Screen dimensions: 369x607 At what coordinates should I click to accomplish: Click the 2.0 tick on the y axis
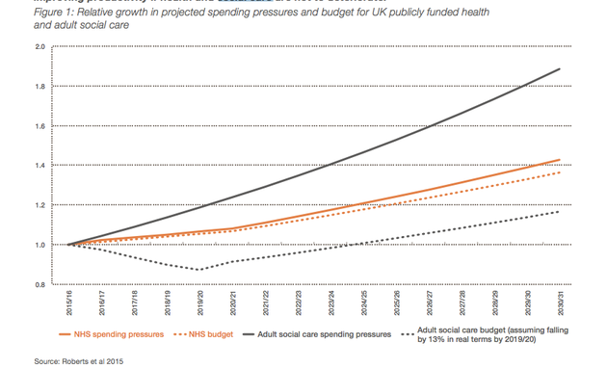[40, 46]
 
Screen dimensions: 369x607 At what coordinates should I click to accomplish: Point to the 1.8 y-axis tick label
[40, 86]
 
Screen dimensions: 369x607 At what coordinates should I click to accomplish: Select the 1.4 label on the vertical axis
[40, 166]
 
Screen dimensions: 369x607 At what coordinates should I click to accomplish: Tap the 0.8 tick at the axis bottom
[40, 285]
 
